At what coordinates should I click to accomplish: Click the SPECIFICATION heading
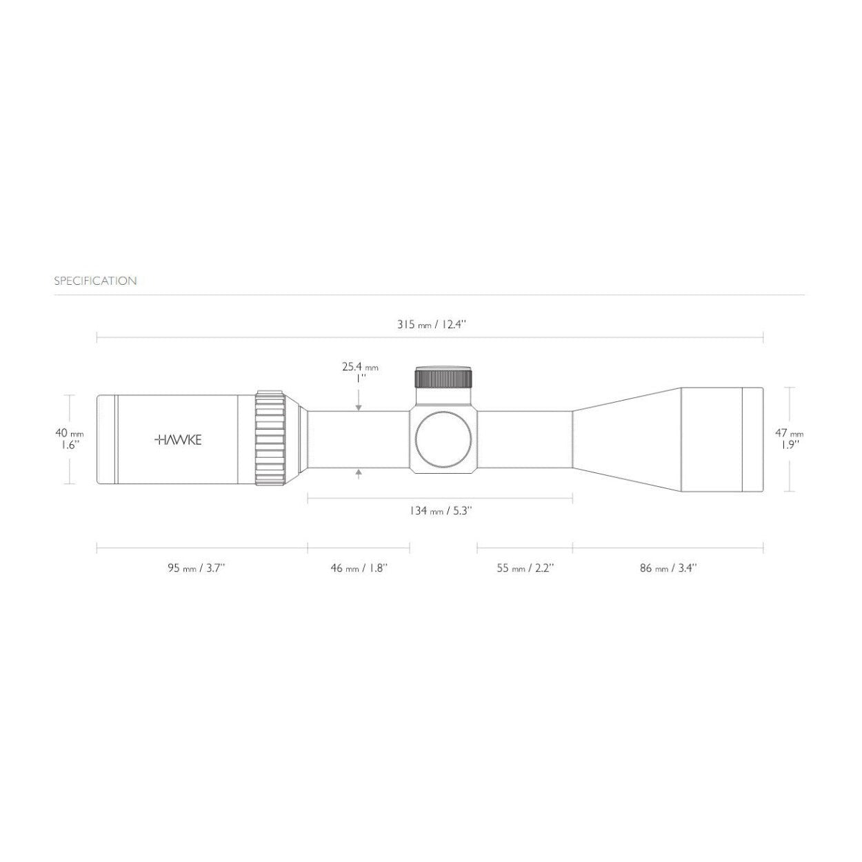[95, 281]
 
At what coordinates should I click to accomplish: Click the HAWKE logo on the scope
[178, 440]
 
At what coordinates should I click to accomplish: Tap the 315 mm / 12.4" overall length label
[432, 324]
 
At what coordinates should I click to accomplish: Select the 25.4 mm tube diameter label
[360, 368]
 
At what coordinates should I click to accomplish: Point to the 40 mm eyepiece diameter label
[70, 433]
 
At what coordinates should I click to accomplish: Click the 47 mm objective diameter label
[789, 433]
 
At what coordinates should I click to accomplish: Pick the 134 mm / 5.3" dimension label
[441, 511]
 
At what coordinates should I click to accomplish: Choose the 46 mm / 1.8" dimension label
[359, 568]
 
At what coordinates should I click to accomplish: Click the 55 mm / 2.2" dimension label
[525, 568]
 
